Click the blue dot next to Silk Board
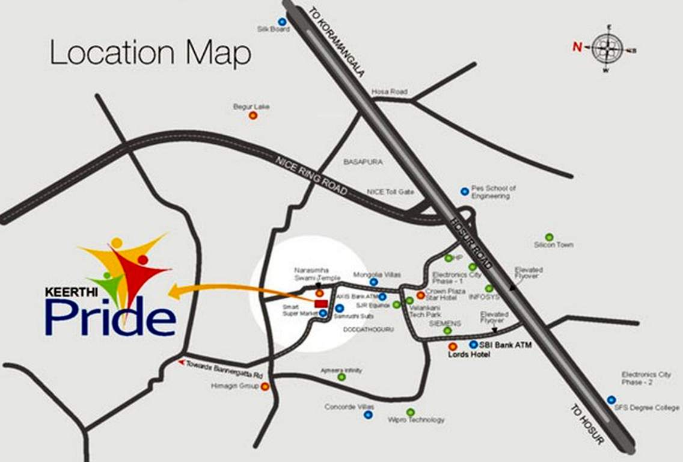click(x=282, y=22)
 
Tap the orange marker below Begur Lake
click(x=253, y=115)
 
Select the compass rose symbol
click(x=607, y=49)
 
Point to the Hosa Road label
click(x=389, y=92)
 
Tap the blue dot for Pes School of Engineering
click(x=464, y=191)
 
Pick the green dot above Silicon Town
click(x=549, y=237)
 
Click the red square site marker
click(x=321, y=303)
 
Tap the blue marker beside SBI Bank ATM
click(x=473, y=345)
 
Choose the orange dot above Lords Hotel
click(x=452, y=346)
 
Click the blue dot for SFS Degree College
click(x=611, y=399)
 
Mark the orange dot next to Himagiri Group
click(x=265, y=387)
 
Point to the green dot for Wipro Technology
click(x=410, y=412)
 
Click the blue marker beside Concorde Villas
click(x=368, y=414)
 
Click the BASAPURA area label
click(x=363, y=162)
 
